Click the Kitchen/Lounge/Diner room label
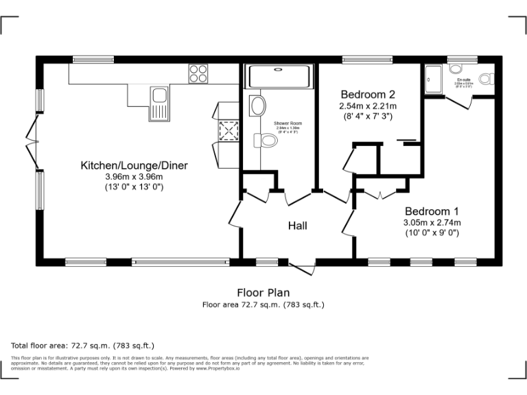click(134, 165)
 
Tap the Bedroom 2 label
click(368, 94)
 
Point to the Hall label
click(297, 226)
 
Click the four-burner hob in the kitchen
click(198, 73)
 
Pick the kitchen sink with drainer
click(159, 103)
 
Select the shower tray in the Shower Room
click(279, 76)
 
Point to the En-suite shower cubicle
click(434, 80)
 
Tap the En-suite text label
click(465, 80)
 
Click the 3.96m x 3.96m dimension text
click(134, 176)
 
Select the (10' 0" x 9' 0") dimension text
click(431, 233)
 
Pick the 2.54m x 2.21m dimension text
click(368, 106)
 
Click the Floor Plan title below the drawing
click(263, 293)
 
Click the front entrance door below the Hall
click(303, 268)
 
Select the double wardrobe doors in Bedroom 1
click(381, 194)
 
